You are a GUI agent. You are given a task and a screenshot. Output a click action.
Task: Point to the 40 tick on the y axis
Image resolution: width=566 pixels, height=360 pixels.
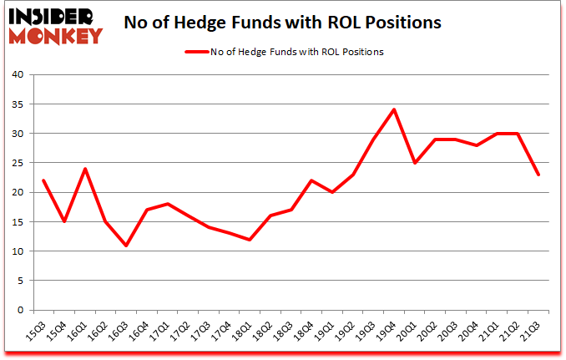[x=21, y=75]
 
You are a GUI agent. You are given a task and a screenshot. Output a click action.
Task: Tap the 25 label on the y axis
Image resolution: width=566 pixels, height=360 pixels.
[x=21, y=163]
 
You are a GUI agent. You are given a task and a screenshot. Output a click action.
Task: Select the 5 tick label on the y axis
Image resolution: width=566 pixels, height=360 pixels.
[x=23, y=281]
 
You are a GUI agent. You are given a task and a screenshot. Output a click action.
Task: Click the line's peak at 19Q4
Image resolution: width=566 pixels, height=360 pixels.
[x=394, y=109]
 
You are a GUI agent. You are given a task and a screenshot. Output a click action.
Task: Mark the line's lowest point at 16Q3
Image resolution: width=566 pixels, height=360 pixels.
[x=127, y=245]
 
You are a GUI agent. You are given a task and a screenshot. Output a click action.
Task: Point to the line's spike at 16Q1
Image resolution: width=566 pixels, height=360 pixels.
[x=85, y=169]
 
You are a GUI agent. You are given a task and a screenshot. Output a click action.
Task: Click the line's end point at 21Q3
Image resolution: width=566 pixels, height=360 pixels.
[x=538, y=175]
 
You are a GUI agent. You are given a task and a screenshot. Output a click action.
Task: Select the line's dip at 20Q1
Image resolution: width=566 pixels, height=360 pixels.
[x=415, y=163]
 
